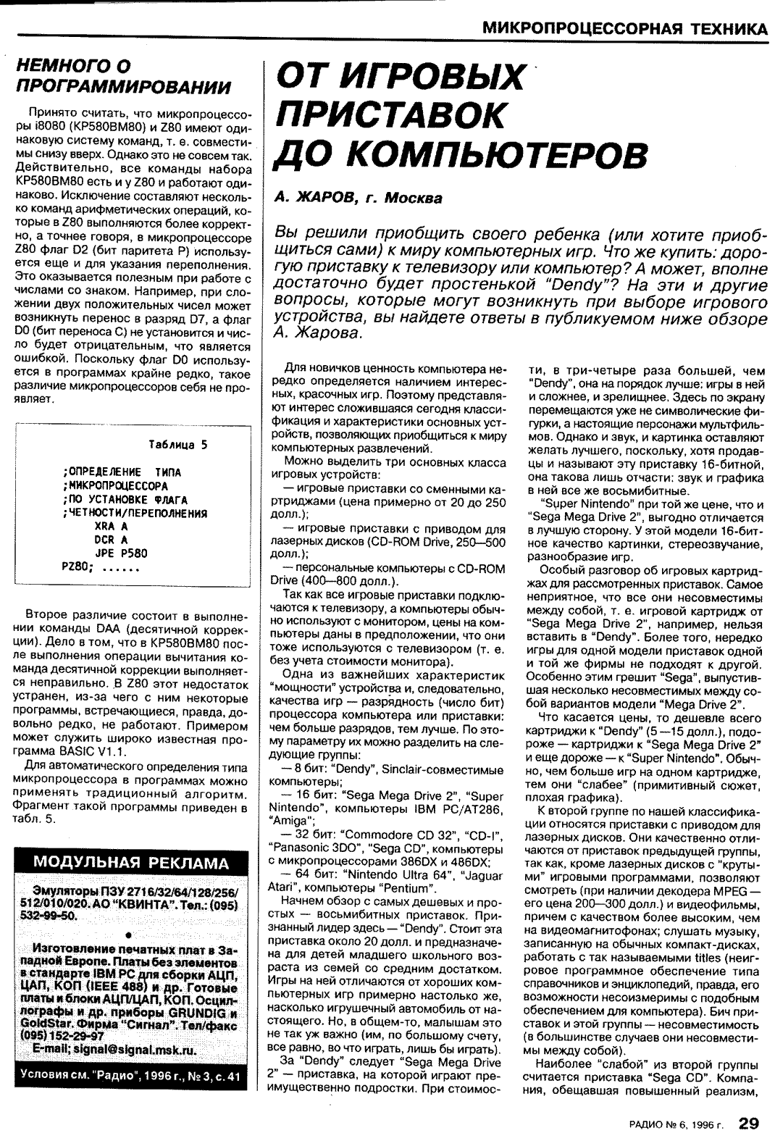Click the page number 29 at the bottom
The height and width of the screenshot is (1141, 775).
coord(748,1124)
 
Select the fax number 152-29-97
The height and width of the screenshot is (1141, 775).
coord(64,1037)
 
